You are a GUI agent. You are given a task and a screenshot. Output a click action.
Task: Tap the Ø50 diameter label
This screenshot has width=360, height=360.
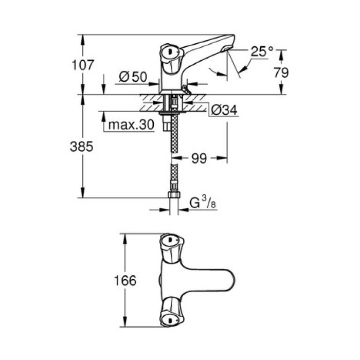(133, 77)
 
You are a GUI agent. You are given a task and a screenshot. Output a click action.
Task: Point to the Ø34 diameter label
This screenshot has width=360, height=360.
(224, 110)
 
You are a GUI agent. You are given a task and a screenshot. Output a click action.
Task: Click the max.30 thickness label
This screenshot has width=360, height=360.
(131, 125)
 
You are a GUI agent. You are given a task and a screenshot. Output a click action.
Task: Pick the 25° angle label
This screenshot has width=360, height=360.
(262, 51)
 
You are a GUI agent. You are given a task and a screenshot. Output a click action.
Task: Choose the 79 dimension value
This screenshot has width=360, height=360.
(280, 73)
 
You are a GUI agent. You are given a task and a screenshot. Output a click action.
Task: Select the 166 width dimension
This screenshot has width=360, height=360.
(125, 280)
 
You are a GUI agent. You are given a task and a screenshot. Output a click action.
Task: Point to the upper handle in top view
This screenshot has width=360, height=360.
(170, 242)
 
